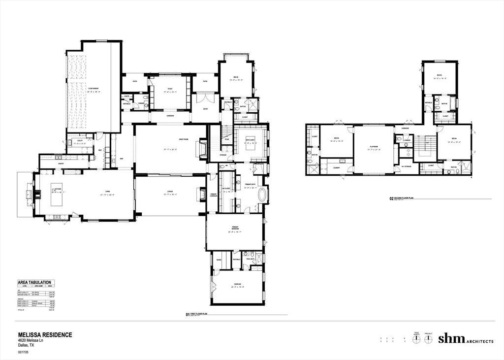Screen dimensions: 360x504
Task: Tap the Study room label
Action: (x=169, y=89)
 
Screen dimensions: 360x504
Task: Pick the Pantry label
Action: (x=61, y=163)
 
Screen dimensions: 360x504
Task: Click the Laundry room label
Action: (x=337, y=167)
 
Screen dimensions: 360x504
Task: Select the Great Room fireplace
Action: (x=201, y=148)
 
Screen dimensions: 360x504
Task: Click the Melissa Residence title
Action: (x=45, y=335)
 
